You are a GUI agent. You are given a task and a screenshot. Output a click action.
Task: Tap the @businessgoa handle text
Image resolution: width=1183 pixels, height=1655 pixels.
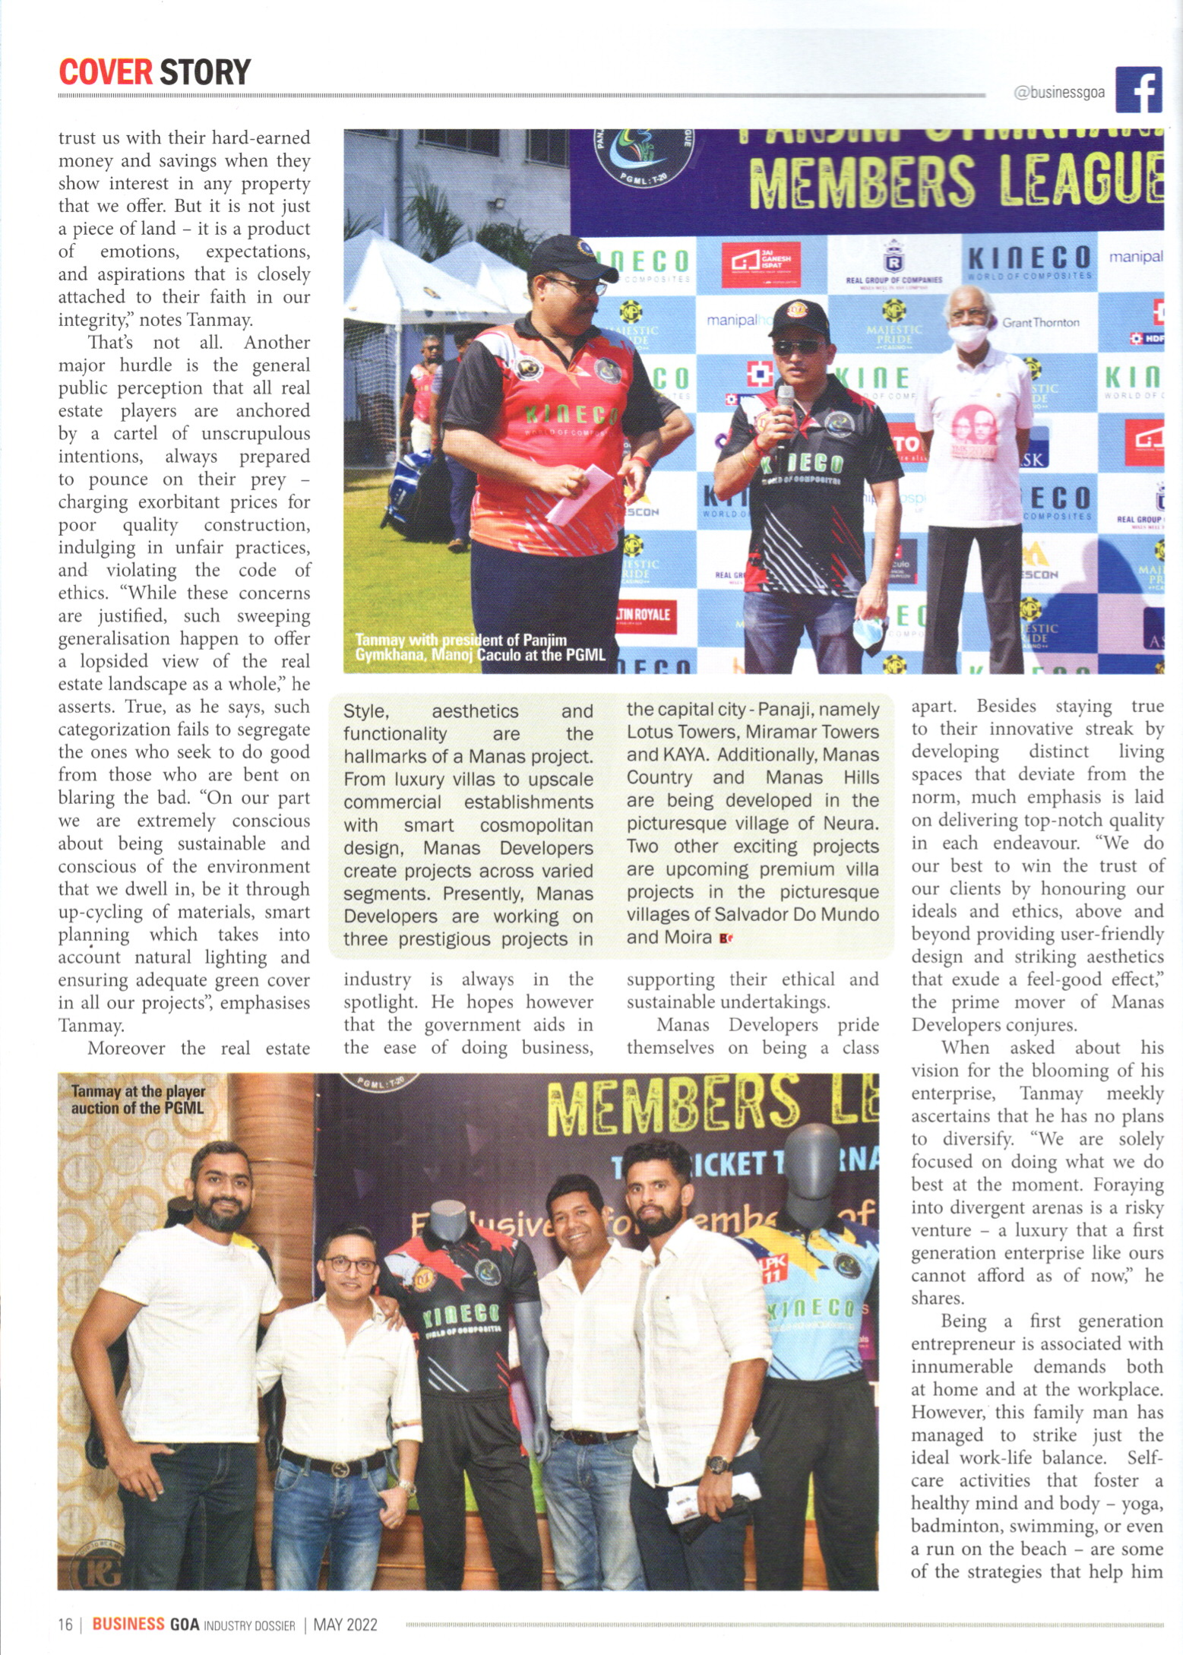click(1059, 93)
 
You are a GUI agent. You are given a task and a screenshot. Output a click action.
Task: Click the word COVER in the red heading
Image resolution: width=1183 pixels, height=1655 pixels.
click(106, 72)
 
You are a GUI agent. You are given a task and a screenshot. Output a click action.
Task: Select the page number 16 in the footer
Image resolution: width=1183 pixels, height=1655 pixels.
click(65, 1624)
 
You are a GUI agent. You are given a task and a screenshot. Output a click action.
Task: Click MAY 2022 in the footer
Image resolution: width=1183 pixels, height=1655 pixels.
click(346, 1624)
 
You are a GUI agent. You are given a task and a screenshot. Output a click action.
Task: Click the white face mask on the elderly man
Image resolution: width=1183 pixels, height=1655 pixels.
click(973, 338)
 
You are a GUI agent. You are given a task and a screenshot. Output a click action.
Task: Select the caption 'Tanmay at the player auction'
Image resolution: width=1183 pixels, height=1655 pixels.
click(138, 1100)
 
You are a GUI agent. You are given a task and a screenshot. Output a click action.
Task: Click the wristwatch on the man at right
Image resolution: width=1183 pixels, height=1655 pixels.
click(717, 1464)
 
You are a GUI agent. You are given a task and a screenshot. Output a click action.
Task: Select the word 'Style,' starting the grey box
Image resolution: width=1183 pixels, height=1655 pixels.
click(366, 712)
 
